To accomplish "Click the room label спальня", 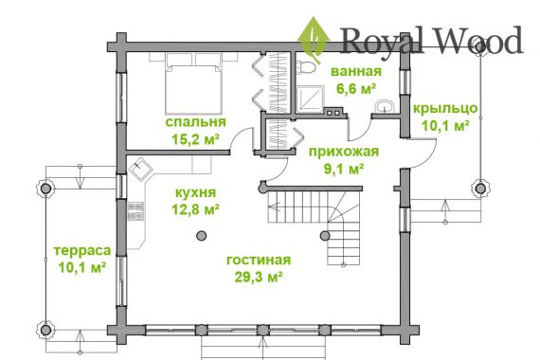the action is pyautogui.click(x=195, y=122).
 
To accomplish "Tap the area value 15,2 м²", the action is pyautogui.click(x=195, y=139).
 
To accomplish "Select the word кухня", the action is pyautogui.click(x=195, y=193).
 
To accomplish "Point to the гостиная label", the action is pyautogui.click(x=259, y=261).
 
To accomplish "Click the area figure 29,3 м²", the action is pyautogui.click(x=259, y=277).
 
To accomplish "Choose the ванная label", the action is pyautogui.click(x=356, y=72).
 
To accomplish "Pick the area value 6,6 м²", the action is pyautogui.click(x=356, y=88).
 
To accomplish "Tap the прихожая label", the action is pyautogui.click(x=344, y=152).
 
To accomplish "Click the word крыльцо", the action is pyautogui.click(x=445, y=109).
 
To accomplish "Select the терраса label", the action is pyautogui.click(x=82, y=251).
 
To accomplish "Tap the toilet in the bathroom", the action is pyautogui.click(x=305, y=67).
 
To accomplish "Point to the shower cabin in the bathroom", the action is pyautogui.click(x=310, y=99).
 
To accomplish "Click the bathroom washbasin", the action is pyautogui.click(x=385, y=106).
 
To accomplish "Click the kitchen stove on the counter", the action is pyautogui.click(x=136, y=211).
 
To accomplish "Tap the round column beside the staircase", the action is pyautogui.click(x=325, y=236).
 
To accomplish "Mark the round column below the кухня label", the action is pyautogui.click(x=202, y=236).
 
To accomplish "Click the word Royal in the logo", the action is pyautogui.click(x=383, y=40).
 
